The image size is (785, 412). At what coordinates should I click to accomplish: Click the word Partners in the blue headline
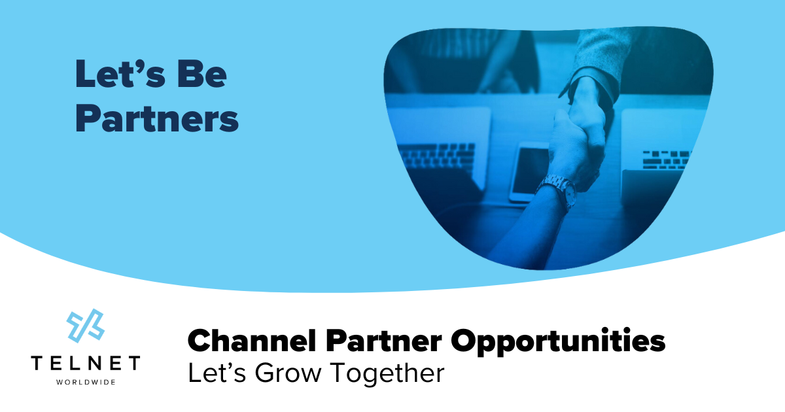coord(157,120)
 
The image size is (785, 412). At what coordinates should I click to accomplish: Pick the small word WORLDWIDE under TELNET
coord(85,381)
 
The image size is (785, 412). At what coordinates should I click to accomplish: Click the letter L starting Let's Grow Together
coord(194,373)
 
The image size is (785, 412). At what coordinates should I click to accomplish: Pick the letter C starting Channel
coord(199,341)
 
